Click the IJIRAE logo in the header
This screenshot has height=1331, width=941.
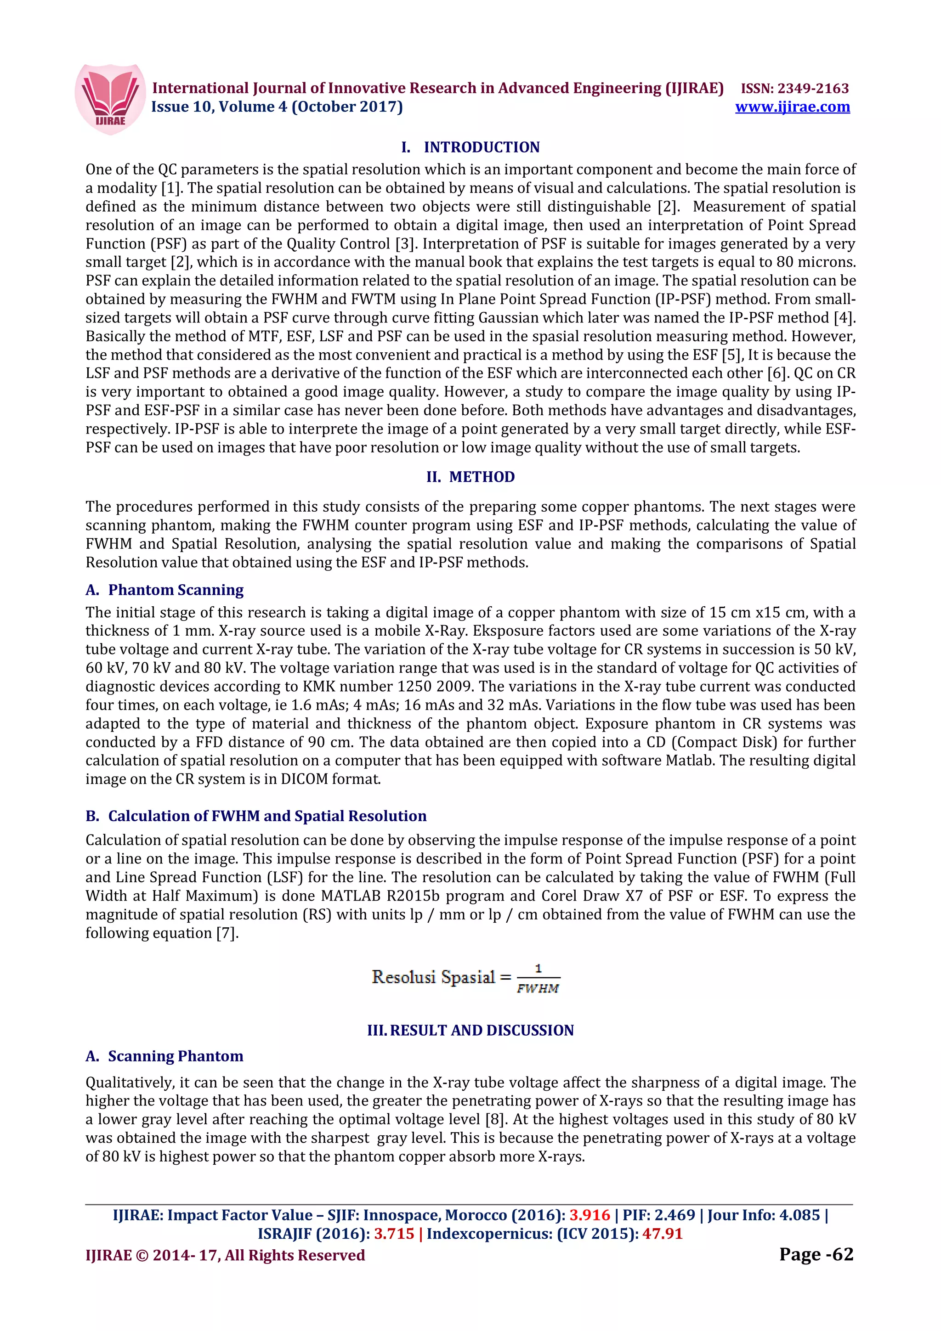click(x=110, y=99)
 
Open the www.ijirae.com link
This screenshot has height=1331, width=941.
click(x=792, y=107)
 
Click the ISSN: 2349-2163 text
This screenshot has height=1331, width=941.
click(x=794, y=88)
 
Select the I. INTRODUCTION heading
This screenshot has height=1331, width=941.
click(x=470, y=147)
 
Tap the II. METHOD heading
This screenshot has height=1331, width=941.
click(x=470, y=477)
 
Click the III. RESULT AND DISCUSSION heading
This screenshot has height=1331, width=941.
click(x=470, y=1030)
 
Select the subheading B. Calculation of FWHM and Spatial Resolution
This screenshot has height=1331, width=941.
click(x=255, y=816)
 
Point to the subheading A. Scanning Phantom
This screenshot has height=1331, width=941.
click(x=164, y=1056)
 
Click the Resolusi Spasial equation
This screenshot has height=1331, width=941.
click(x=465, y=978)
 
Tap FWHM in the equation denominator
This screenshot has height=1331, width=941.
click(x=538, y=988)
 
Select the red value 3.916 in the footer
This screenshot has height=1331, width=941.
click(x=590, y=1215)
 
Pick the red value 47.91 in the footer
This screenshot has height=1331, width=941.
click(x=662, y=1234)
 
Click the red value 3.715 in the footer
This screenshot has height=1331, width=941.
click(x=394, y=1234)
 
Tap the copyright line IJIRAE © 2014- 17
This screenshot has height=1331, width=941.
click(x=225, y=1256)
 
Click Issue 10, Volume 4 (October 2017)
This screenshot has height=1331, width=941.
click(x=277, y=107)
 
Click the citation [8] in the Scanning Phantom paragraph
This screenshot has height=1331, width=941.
click(x=494, y=1119)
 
